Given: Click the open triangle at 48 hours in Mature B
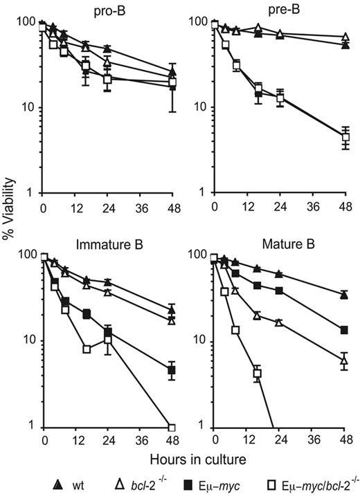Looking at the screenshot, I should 344,360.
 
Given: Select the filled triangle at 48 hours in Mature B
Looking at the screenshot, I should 344,295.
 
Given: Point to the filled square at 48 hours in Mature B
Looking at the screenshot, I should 344,330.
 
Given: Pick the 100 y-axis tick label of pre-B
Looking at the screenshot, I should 197,23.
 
